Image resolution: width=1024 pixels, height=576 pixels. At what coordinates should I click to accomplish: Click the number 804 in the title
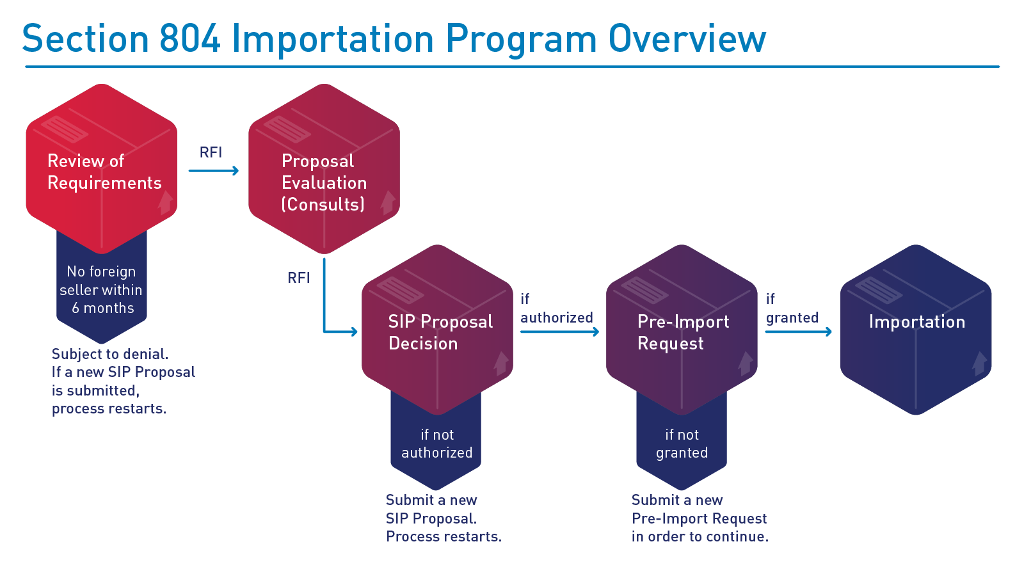(190, 39)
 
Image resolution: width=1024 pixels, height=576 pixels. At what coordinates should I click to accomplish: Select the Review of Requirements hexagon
(102, 170)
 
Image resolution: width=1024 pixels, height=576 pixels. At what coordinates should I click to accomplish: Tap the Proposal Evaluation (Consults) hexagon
(324, 170)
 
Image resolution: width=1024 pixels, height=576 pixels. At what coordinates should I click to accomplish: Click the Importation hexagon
(916, 330)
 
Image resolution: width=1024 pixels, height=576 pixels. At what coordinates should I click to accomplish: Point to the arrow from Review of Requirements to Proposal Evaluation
(214, 170)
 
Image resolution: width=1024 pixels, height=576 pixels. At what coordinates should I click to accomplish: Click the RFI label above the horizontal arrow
(211, 152)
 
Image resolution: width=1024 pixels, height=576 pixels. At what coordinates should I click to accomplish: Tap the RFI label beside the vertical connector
(299, 278)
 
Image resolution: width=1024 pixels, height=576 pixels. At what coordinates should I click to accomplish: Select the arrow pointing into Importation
(798, 332)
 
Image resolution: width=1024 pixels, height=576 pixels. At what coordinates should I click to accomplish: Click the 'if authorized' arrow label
(556, 308)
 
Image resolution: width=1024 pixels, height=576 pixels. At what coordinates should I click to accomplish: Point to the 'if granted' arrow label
(792, 308)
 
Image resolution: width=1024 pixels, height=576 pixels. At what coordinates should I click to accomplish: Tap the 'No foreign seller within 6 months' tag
(102, 290)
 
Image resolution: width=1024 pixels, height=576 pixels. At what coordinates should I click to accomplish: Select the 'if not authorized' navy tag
(436, 444)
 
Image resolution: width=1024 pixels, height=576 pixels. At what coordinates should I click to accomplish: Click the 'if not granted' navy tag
(682, 444)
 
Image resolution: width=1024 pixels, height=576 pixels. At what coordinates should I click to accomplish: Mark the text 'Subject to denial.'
(110, 354)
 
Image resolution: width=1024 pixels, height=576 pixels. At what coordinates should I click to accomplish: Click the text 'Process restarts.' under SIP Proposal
(444, 536)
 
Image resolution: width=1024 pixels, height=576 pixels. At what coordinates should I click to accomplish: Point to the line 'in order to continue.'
(700, 536)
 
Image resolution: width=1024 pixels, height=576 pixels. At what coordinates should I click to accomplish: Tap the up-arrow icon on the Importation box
(979, 363)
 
